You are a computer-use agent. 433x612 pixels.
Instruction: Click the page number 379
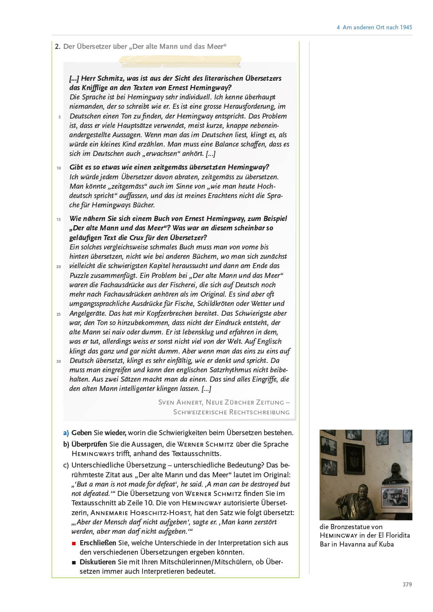click(407, 584)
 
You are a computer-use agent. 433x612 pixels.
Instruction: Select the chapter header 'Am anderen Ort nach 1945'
click(377, 27)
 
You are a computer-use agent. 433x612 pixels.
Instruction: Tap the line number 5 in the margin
click(60, 117)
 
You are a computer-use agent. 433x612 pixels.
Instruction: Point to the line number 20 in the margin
click(59, 266)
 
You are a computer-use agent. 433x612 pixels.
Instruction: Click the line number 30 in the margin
click(59, 361)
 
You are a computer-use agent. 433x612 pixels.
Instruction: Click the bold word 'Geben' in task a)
click(81, 433)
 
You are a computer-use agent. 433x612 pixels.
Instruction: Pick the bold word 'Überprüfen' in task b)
click(89, 444)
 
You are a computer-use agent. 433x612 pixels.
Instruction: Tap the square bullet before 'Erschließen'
click(74, 543)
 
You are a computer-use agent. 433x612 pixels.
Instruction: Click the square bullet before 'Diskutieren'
click(74, 562)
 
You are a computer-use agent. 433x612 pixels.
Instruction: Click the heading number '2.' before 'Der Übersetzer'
click(57, 46)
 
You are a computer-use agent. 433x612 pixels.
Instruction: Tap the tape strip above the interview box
click(180, 61)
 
